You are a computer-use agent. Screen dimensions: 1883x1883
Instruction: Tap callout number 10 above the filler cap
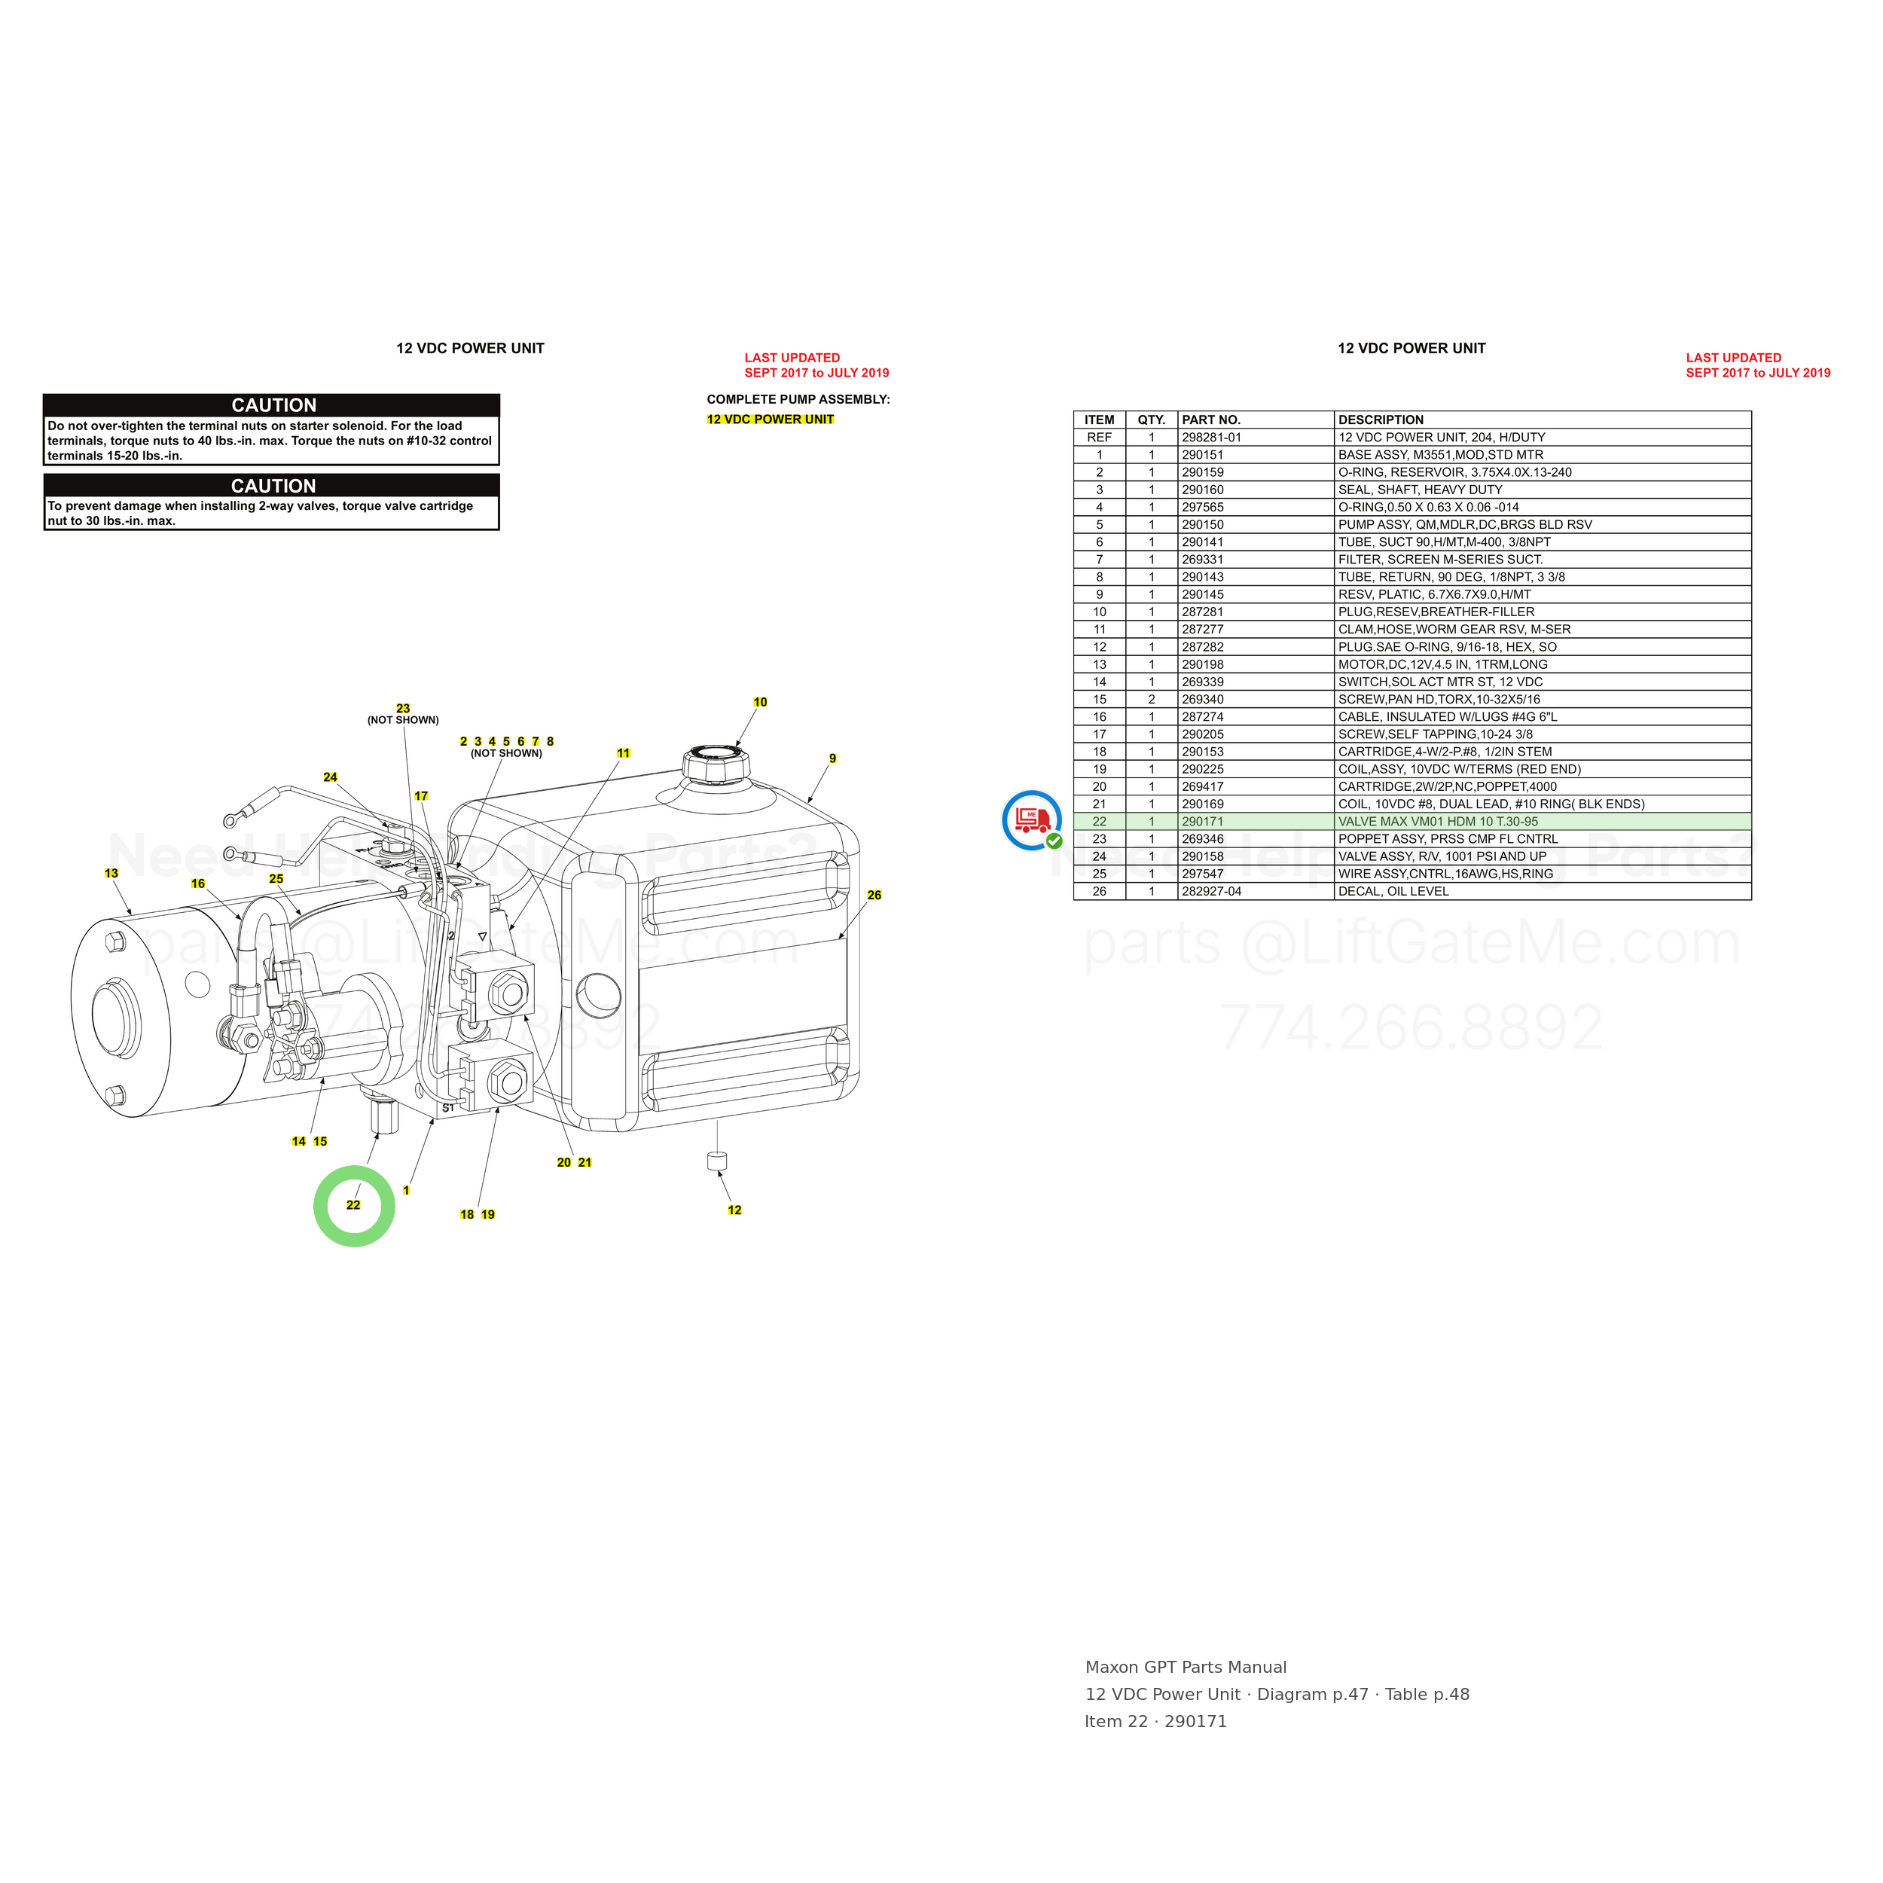[760, 703]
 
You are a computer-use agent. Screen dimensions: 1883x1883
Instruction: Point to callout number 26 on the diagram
[874, 896]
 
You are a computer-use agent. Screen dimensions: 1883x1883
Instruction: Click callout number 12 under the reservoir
[735, 1210]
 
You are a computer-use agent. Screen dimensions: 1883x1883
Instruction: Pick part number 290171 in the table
[1203, 822]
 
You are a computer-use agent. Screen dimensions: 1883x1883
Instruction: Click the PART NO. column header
[1211, 420]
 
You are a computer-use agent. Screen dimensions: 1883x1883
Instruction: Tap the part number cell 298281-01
[1211, 438]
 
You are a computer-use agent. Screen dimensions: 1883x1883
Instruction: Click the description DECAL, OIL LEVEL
[1393, 892]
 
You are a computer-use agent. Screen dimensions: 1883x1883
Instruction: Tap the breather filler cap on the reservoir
[716, 763]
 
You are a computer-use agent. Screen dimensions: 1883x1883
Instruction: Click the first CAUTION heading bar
[272, 405]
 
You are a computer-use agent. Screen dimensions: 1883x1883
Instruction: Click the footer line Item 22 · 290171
[1156, 1722]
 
